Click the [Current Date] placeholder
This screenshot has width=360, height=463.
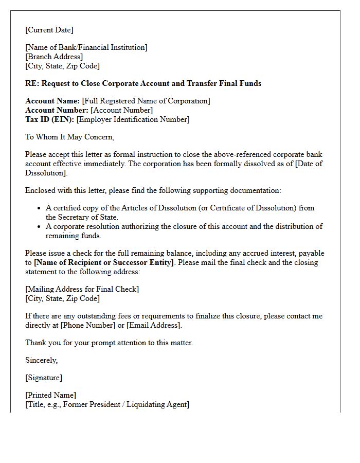(49, 30)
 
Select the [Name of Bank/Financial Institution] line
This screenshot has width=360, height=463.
(86, 47)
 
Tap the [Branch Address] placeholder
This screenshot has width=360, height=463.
(54, 57)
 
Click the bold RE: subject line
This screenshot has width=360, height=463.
(143, 83)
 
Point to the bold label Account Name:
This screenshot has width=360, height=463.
(52, 101)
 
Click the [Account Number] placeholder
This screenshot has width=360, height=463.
(122, 110)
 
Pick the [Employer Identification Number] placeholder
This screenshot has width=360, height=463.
(133, 119)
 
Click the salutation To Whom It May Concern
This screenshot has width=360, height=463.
(69, 137)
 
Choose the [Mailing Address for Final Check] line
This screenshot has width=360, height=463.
(82, 289)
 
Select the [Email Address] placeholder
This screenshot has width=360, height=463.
(154, 325)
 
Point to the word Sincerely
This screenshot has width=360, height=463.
(41, 360)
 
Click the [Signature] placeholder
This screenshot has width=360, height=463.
(44, 378)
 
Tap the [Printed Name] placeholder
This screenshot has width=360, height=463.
(50, 395)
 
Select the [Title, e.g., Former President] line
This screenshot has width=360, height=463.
(107, 404)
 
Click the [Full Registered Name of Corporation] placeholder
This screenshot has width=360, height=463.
(146, 101)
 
